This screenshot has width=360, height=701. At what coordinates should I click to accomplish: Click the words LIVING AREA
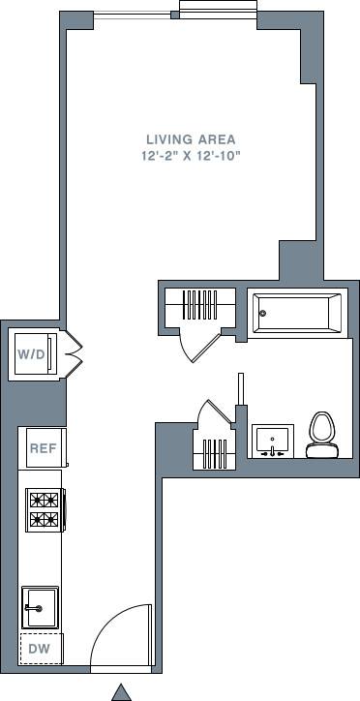(x=191, y=139)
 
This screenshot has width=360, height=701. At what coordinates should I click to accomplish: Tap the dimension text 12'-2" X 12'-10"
(x=191, y=155)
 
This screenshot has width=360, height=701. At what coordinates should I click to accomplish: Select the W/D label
(x=31, y=354)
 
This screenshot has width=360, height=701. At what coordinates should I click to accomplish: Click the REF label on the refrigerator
(x=42, y=447)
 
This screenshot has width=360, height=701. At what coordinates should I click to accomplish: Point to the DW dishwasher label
(x=39, y=649)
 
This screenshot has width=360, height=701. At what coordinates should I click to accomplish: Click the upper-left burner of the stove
(x=35, y=501)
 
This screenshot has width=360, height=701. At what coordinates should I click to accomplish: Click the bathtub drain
(x=261, y=313)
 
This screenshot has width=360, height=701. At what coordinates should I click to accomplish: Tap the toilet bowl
(x=321, y=427)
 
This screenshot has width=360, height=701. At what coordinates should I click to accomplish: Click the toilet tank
(x=321, y=450)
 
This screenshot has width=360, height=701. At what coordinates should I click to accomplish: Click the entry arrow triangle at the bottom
(x=121, y=691)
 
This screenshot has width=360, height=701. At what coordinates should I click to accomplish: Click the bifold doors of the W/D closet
(x=74, y=353)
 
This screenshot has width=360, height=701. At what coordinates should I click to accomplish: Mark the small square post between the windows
(x=174, y=15)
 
